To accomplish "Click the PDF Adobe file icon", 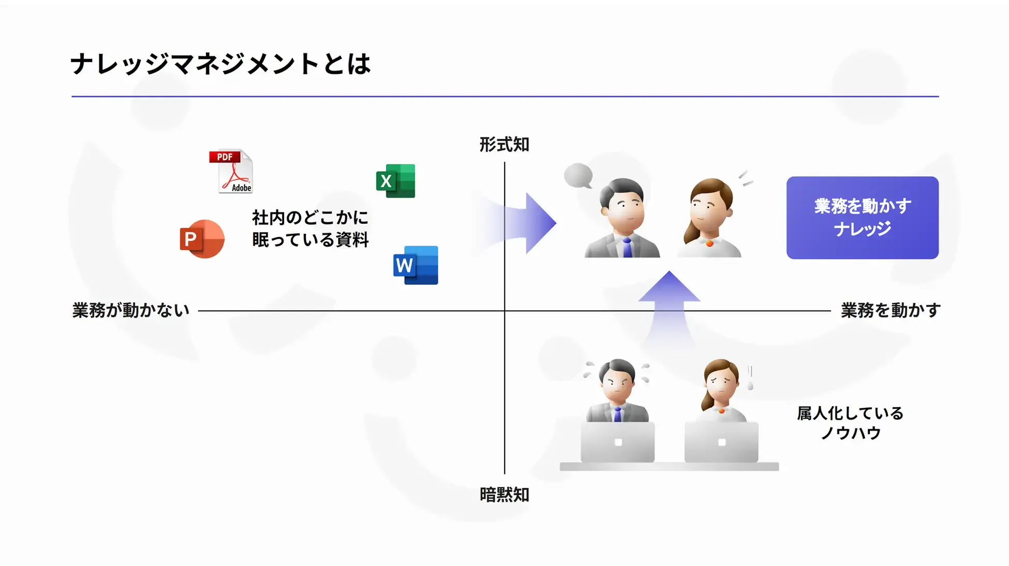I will (x=231, y=172).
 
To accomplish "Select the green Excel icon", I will (x=396, y=181).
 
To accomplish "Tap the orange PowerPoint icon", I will (x=202, y=239).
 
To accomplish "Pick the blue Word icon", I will (x=416, y=265).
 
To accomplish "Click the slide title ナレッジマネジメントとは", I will (x=220, y=64).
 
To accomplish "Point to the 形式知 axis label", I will (x=504, y=145).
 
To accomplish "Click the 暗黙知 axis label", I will (x=504, y=495).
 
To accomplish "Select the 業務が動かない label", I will (x=131, y=310).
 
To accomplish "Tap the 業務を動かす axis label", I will (x=890, y=310).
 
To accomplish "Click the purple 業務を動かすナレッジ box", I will (x=862, y=218).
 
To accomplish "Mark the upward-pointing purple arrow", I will (x=669, y=300).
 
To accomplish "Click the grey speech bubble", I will (x=578, y=176).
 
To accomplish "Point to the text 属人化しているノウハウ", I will (x=850, y=423).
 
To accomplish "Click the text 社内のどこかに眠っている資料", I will (x=310, y=228).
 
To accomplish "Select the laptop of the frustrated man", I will (x=618, y=442).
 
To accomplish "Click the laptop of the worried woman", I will (x=721, y=442).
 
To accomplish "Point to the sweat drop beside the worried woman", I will (x=750, y=385).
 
